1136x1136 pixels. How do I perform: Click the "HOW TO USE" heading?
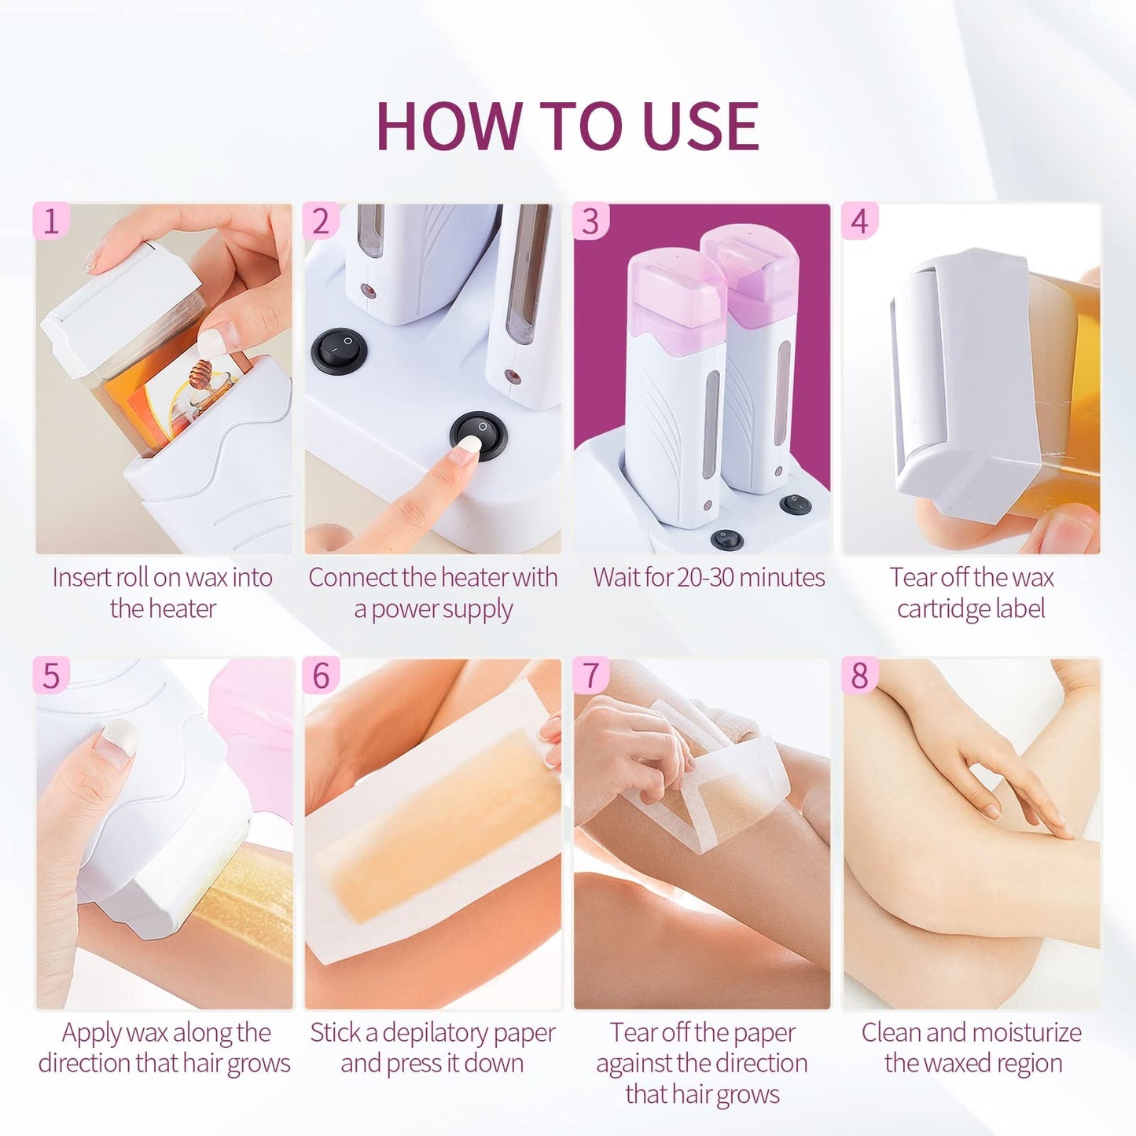tap(568, 126)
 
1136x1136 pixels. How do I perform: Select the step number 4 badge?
tap(859, 221)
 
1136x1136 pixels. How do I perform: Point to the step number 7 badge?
tap(590, 676)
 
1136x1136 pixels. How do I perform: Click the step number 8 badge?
tap(859, 676)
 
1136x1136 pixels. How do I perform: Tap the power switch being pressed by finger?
tap(478, 434)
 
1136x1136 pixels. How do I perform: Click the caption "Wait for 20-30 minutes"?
tap(708, 578)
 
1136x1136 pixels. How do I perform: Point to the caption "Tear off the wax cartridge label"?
tap(971, 593)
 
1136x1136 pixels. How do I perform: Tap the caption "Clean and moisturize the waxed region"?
tap(971, 1047)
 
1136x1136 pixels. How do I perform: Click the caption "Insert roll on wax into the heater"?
tap(163, 593)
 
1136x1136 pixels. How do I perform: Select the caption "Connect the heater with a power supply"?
tap(432, 593)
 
